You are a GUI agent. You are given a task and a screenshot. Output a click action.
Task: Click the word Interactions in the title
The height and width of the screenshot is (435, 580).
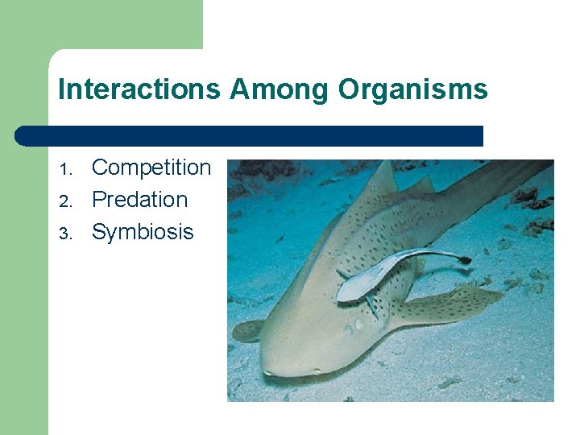(139, 89)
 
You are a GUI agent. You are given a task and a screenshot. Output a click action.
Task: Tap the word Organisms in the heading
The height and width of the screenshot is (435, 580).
(412, 89)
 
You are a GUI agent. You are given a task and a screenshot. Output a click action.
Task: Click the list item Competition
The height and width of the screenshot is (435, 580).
(151, 168)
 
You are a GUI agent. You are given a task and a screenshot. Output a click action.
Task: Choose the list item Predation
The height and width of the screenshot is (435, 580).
(139, 200)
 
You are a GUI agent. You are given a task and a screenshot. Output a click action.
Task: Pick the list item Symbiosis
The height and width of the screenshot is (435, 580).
(143, 232)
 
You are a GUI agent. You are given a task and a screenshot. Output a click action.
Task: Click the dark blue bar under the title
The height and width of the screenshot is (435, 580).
(250, 136)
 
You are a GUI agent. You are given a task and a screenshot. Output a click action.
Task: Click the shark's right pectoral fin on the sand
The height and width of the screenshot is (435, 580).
(451, 306)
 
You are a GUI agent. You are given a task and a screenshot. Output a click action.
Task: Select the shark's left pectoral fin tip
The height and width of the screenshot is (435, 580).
(246, 330)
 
